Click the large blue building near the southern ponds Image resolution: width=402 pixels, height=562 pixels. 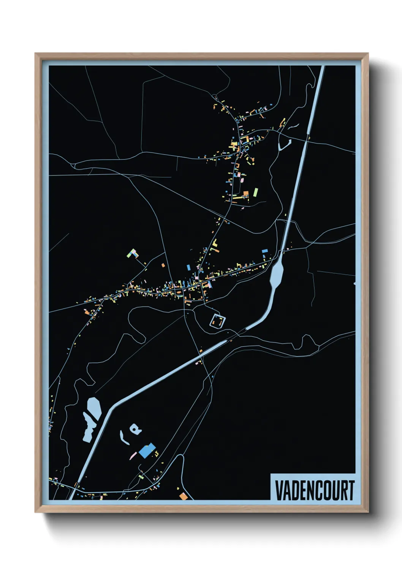(147, 450)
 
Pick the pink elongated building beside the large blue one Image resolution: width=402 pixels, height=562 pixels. (133, 455)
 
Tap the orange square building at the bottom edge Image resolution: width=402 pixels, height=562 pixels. (184, 496)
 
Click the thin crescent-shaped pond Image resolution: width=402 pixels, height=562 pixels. (123, 437)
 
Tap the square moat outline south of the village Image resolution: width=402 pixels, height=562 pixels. (218, 321)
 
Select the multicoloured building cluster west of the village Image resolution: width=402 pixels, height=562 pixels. (133, 254)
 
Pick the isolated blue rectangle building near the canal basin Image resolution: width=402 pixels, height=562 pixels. (265, 251)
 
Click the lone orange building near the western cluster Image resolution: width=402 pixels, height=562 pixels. (163, 265)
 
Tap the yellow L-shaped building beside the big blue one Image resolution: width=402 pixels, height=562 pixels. (156, 452)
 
